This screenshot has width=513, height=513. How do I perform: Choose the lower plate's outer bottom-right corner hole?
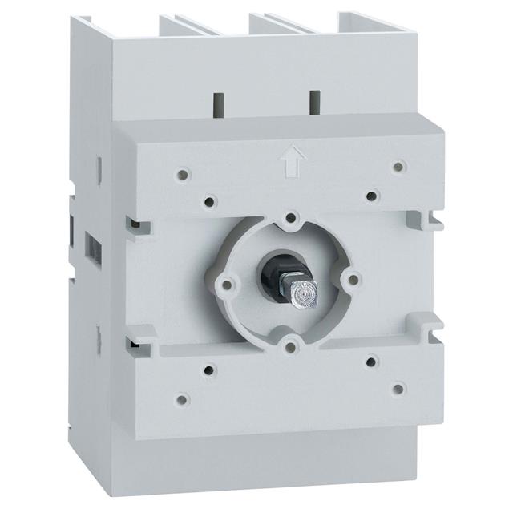coord(398,389)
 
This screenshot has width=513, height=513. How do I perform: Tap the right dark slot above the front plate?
coord(313,102)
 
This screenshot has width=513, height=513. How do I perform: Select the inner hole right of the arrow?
coord(371,194)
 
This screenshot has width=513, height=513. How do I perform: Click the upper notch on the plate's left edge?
coord(131,224)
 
